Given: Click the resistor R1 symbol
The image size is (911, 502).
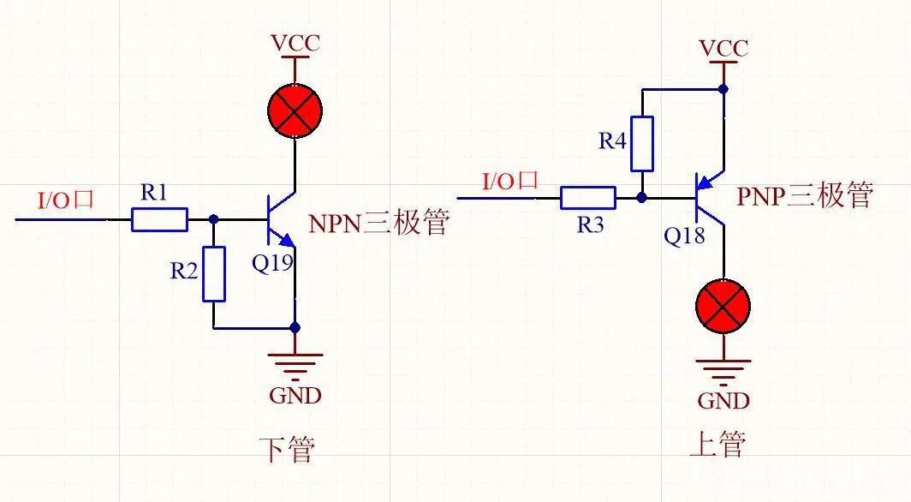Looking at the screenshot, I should [159, 220].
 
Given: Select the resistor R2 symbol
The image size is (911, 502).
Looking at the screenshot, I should [214, 274].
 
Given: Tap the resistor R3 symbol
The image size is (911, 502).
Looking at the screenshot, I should [588, 199].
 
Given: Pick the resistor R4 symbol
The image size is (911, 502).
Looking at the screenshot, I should [642, 143].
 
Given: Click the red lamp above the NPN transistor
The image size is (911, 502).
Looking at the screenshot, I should [295, 112].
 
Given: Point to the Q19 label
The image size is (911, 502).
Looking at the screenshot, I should [272, 264].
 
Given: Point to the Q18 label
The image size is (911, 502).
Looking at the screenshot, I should [684, 236].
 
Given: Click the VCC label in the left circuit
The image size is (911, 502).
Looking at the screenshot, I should [295, 43].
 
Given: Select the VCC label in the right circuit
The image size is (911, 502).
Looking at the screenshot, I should [723, 48].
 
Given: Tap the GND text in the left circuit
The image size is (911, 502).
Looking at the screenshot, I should [295, 395].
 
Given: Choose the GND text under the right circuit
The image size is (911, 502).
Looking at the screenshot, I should [723, 400].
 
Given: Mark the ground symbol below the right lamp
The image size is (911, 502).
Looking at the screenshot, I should [723, 369].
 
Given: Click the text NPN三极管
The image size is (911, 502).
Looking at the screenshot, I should [378, 224].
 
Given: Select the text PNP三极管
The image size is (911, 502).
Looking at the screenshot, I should [804, 196].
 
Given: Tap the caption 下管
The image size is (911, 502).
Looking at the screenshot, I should [287, 449].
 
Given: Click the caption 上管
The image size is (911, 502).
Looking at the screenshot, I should [717, 444].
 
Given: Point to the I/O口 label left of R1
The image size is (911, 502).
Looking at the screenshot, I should [65, 200].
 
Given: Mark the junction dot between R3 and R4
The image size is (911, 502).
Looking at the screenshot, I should [642, 198].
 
